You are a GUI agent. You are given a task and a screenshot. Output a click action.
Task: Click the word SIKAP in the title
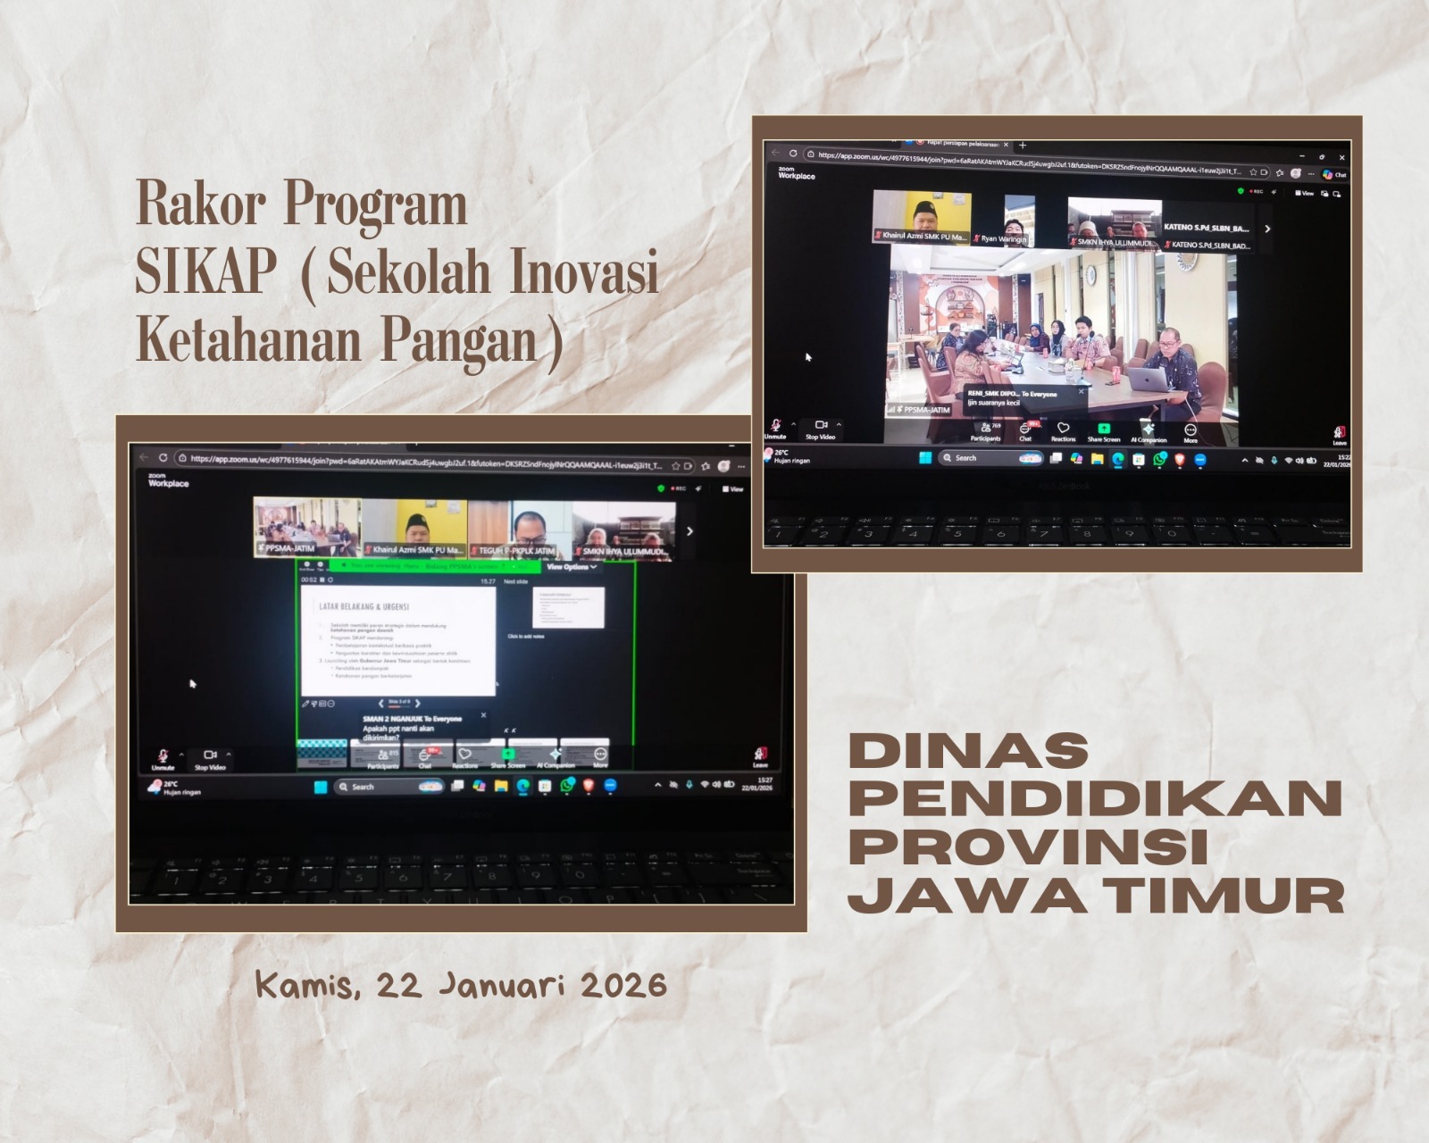205,274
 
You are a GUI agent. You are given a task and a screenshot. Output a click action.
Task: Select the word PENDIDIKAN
1095,798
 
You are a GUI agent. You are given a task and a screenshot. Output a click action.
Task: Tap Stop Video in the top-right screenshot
820,430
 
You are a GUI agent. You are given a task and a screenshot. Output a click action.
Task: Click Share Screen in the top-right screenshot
1103,432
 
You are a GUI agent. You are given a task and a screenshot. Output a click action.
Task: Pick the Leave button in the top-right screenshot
1339,435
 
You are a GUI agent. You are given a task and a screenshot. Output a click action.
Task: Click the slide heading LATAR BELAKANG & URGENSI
364,606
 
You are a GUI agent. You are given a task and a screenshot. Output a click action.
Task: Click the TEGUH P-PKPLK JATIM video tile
518,530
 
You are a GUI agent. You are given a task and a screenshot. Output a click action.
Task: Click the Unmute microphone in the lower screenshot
163,759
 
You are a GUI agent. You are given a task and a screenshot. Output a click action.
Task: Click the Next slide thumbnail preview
568,608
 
